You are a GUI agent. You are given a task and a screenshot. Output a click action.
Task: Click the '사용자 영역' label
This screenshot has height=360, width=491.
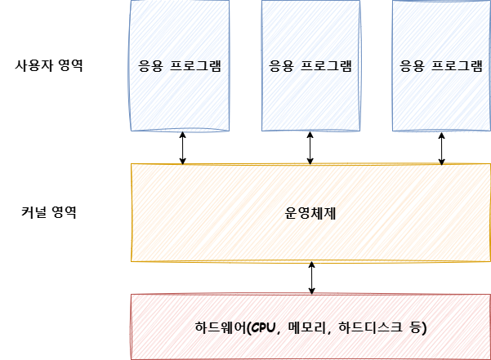pyautogui.click(x=49, y=65)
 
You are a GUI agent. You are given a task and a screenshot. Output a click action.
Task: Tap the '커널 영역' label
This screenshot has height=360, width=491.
pyautogui.click(x=49, y=213)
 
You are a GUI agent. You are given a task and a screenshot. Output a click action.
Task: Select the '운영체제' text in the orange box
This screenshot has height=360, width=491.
pyautogui.click(x=310, y=213)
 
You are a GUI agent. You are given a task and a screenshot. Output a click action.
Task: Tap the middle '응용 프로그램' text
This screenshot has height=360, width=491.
pyautogui.click(x=310, y=65)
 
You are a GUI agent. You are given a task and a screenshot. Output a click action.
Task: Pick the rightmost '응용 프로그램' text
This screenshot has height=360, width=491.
pyautogui.click(x=441, y=65)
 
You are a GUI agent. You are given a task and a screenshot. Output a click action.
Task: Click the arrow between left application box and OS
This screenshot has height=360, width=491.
pyautogui.click(x=182, y=148)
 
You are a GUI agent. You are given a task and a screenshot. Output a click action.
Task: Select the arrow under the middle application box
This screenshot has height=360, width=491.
pyautogui.click(x=310, y=148)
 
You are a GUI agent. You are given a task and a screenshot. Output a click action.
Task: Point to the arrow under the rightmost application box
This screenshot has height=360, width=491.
pyautogui.click(x=442, y=148)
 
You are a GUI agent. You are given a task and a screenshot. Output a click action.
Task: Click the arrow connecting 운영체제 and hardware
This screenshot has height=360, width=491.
pyautogui.click(x=311, y=278)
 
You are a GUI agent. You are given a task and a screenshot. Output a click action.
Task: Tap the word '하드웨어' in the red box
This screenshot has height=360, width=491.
pyautogui.click(x=220, y=327)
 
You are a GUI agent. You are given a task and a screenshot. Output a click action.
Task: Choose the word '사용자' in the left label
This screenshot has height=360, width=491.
pyautogui.click(x=33, y=65)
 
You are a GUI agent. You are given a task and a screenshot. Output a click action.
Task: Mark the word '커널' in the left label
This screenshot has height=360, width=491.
pyautogui.click(x=33, y=213)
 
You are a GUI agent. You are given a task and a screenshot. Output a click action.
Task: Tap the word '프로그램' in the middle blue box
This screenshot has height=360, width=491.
pyautogui.click(x=326, y=65)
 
